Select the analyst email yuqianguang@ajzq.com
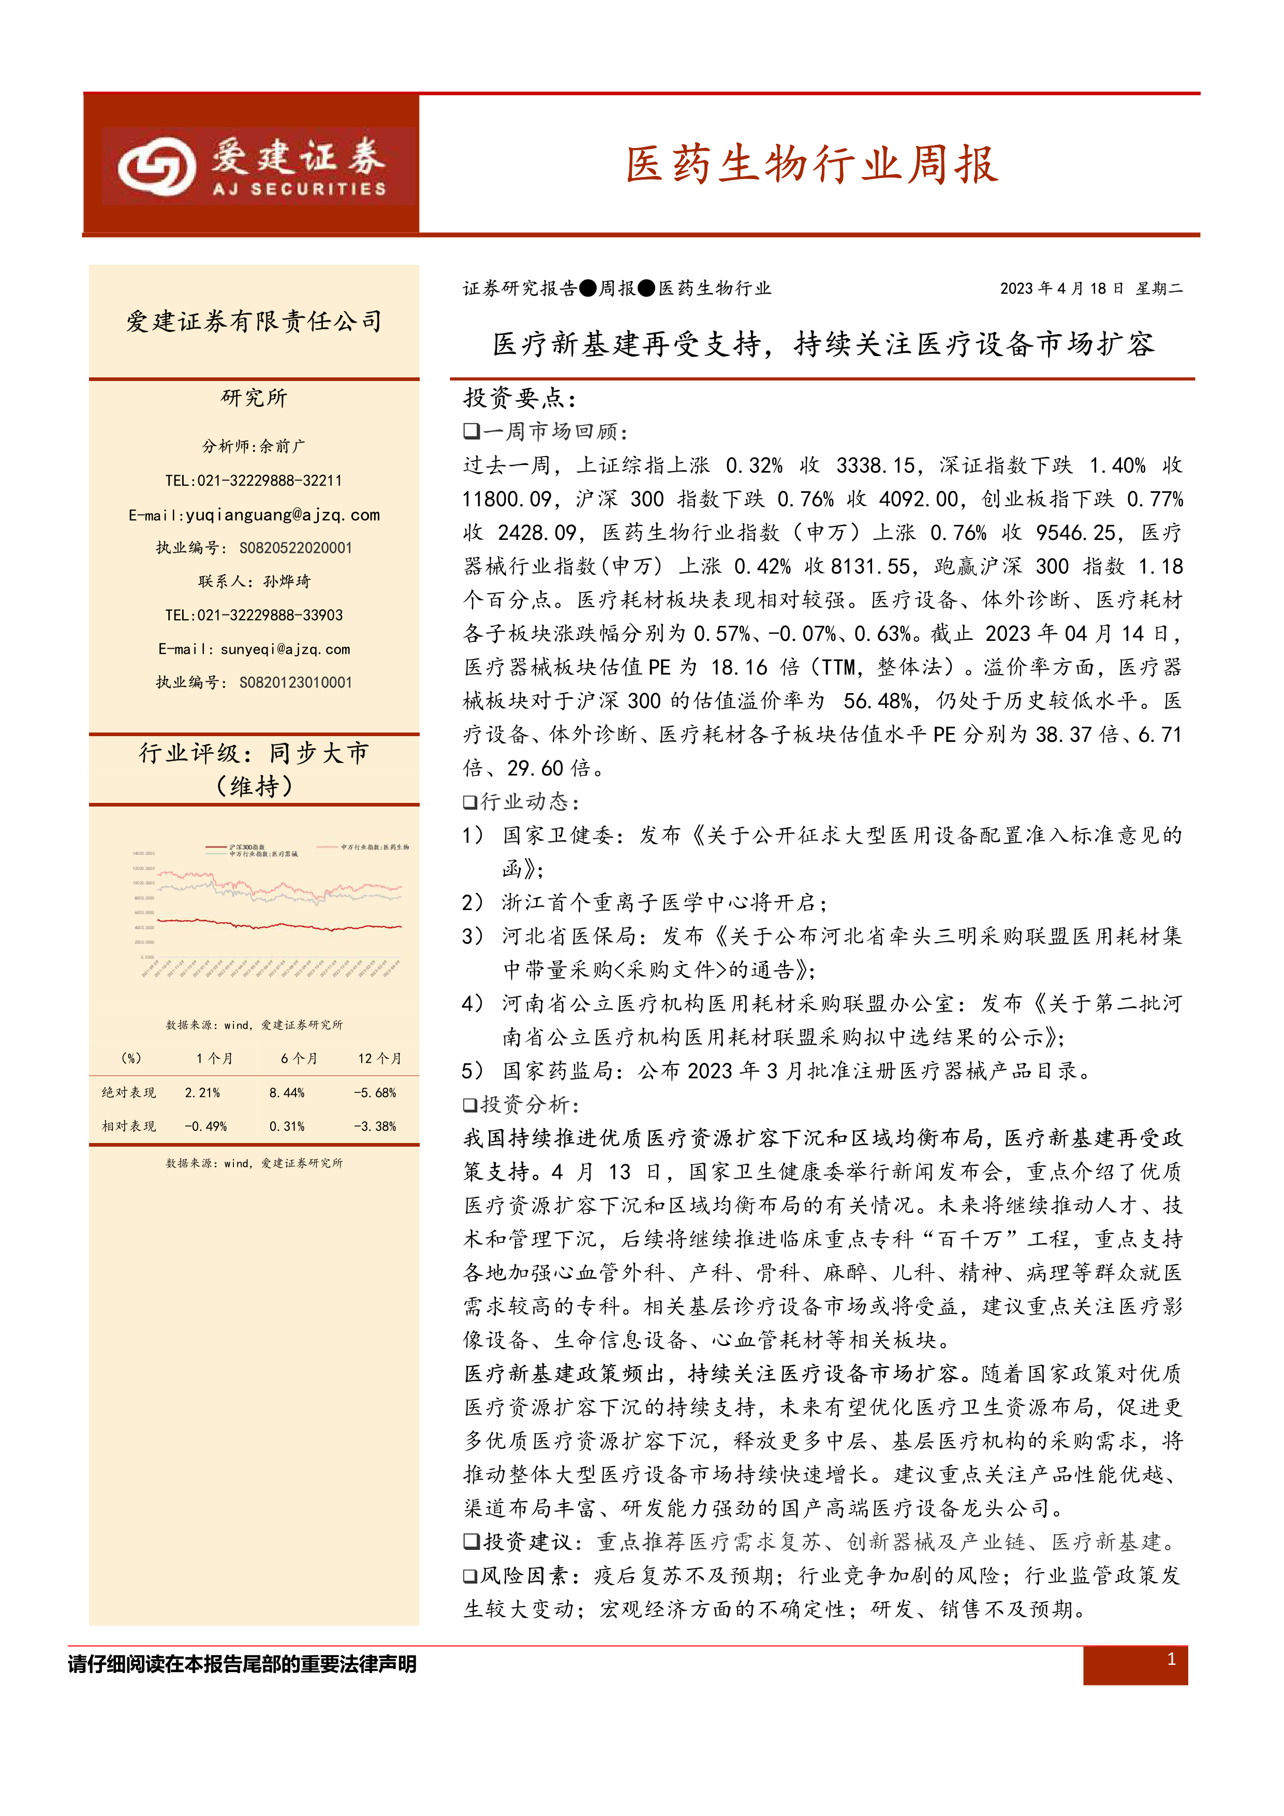282,515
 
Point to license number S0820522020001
295,548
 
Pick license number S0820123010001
295,683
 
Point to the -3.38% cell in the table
375,1126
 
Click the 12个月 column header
379,1058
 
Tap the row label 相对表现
129,1126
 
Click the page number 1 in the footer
1171,1659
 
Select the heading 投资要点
520,398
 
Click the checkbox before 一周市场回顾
471,431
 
